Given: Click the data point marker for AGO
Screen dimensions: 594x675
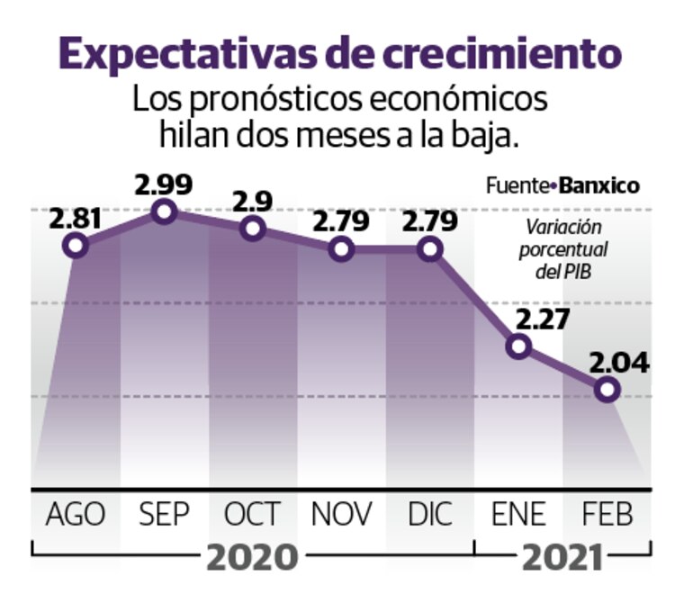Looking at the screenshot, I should [x=76, y=245].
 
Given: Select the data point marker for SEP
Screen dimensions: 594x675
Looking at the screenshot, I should [x=164, y=212].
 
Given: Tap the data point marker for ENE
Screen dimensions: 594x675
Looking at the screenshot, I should [x=518, y=346].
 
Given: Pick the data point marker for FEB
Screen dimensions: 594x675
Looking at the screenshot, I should [x=607, y=389].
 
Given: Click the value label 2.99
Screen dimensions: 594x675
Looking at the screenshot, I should [x=163, y=184].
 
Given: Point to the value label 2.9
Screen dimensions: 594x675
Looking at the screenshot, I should [x=253, y=200].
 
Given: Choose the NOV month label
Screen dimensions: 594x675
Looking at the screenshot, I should [x=342, y=515].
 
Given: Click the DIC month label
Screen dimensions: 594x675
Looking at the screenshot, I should [x=430, y=515].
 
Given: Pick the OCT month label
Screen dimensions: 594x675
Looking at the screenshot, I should [x=253, y=515].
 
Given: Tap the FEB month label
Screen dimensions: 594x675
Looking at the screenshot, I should [x=607, y=515].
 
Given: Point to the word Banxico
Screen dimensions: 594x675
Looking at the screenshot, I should [x=599, y=186].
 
